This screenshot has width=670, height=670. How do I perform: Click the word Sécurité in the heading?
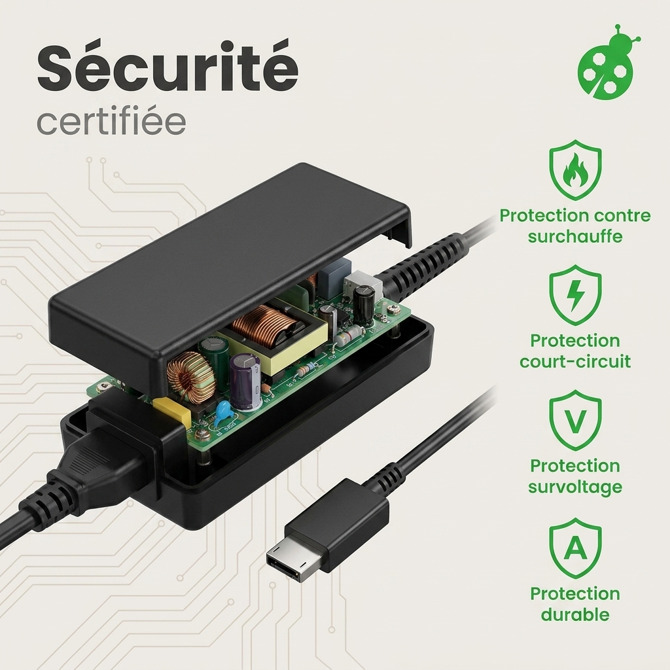167,67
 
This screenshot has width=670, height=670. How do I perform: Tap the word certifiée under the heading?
111,121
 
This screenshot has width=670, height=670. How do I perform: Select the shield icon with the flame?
575,169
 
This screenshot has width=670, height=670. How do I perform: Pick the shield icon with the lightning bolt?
575,295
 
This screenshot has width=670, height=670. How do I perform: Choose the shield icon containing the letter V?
575,420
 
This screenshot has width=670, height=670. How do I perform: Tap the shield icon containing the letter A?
575,548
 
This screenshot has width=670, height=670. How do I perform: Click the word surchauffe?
575,236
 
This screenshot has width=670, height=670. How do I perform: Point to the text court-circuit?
575,361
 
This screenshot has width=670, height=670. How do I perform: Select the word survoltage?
575,487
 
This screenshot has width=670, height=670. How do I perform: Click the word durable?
575,614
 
